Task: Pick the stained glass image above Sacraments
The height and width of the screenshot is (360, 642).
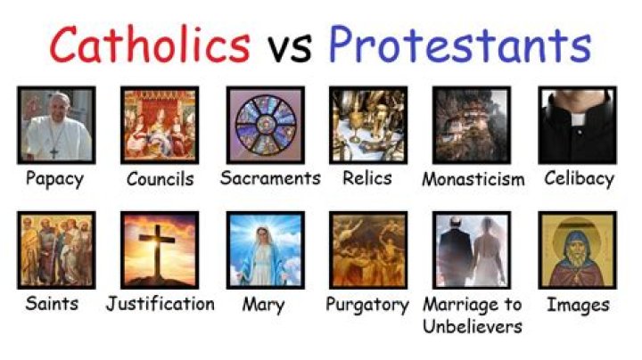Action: click(265, 124)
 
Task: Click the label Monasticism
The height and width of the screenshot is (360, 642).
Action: click(473, 179)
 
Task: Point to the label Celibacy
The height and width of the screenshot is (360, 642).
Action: click(579, 178)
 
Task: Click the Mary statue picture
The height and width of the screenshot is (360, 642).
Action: click(265, 250)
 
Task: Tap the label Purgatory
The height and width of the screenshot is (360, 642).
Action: click(366, 304)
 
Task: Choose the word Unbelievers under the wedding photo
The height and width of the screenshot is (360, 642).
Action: click(473, 325)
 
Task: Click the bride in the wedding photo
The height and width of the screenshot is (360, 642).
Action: click(489, 254)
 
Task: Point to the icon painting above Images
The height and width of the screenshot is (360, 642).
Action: click(577, 250)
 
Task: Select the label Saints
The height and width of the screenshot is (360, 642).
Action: click(53, 304)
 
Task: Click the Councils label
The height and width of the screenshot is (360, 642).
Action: click(160, 178)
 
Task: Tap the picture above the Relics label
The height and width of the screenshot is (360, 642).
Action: click(368, 124)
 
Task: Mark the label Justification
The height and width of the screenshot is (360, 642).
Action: click(160, 304)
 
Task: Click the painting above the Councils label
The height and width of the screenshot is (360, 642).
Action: click(160, 124)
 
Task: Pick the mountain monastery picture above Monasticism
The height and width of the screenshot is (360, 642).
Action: click(473, 124)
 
